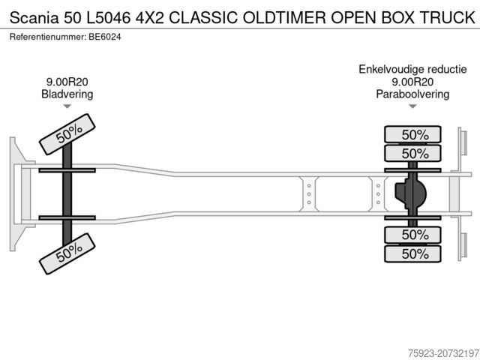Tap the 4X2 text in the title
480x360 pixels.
(145, 16)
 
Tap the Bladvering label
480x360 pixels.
(67, 94)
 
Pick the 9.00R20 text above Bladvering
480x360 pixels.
(67, 82)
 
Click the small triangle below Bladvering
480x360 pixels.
(67, 106)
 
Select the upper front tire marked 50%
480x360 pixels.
(68, 133)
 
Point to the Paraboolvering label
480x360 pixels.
(412, 94)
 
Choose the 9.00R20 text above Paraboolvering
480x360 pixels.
(412, 82)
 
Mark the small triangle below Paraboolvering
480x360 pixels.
(412, 106)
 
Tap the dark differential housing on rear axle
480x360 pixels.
(410, 193)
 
